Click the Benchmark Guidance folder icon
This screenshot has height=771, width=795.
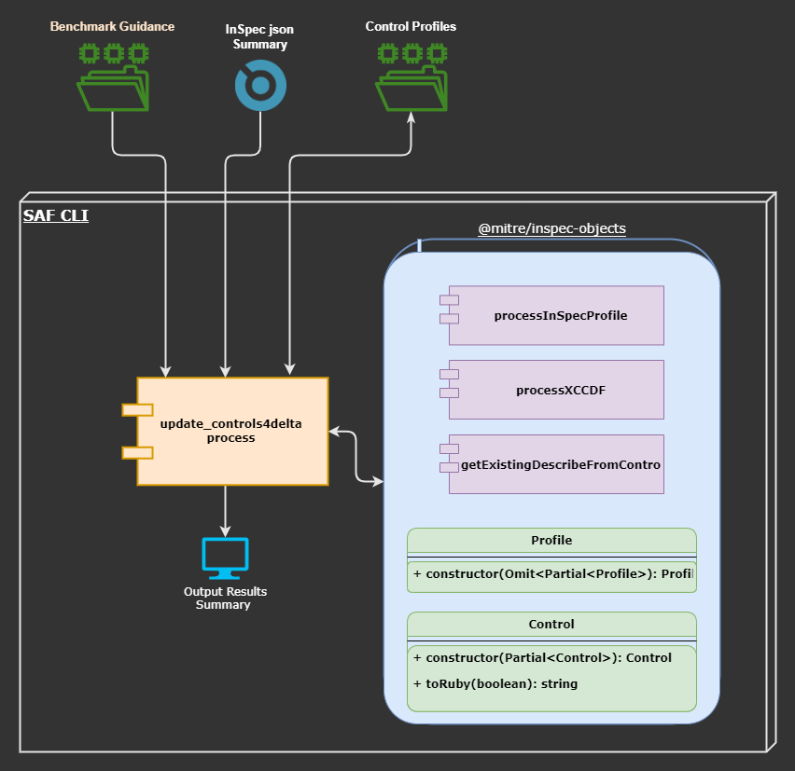(113, 77)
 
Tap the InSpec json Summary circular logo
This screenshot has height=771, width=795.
(259, 86)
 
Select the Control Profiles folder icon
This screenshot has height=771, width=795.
(411, 77)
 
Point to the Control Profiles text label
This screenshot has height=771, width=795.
(411, 26)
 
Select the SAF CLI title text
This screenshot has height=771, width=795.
(56, 216)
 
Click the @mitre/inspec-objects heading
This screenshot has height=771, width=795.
(551, 227)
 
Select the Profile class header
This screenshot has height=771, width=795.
(551, 540)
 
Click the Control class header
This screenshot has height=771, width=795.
(551, 624)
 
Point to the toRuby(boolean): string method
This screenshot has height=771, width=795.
(495, 683)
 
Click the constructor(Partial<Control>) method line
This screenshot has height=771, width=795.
(542, 657)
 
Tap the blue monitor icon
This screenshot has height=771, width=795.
(225, 556)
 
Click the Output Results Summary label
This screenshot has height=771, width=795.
(224, 599)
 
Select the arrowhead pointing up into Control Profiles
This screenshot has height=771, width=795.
(411, 117)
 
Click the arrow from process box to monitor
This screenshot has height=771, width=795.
(225, 511)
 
